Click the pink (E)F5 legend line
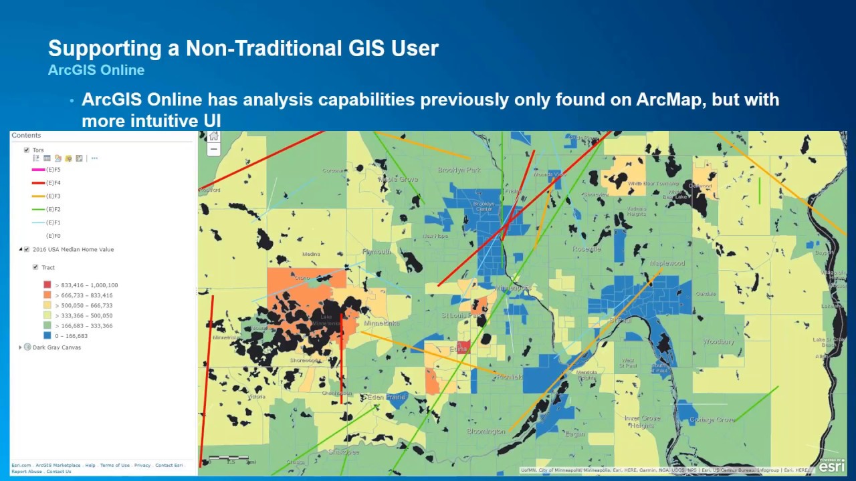tap(38, 170)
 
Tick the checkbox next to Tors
tap(27, 150)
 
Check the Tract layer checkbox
tap(35, 267)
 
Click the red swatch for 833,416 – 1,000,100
tap(47, 285)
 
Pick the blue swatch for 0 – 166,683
tap(47, 336)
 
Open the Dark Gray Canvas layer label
tap(57, 347)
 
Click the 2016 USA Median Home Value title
tap(73, 250)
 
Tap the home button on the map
tap(213, 137)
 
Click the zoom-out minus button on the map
tap(213, 150)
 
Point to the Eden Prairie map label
tap(387, 397)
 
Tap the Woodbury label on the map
tap(718, 342)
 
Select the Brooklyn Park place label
tap(459, 170)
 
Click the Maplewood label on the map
tap(667, 263)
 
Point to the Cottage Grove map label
tap(712, 420)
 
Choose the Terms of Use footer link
tap(115, 466)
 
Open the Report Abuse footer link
tap(27, 472)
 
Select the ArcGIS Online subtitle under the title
tap(96, 70)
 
